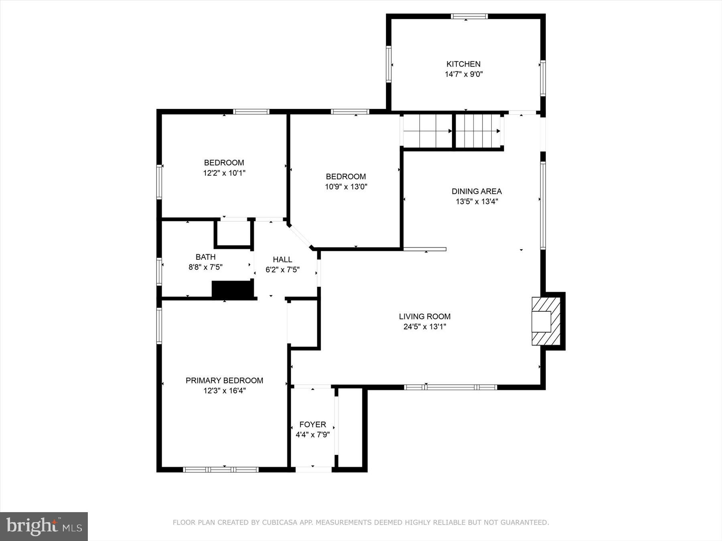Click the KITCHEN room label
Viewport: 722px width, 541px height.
[463, 64]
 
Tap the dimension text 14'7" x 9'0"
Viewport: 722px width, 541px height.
[463, 74]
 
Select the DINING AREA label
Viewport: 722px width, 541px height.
[477, 192]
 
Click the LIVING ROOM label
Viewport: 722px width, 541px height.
[424, 317]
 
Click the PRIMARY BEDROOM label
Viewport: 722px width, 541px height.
[224, 381]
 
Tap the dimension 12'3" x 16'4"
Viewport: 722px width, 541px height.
[224, 391]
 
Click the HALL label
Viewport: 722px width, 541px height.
[282, 260]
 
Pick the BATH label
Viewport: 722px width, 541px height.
[205, 257]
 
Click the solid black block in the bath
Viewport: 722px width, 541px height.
[233, 289]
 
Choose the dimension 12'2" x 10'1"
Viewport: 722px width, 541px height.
[224, 173]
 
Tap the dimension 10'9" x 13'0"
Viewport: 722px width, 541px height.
[346, 187]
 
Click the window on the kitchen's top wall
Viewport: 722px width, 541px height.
[469, 16]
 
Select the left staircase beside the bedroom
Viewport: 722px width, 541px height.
[427, 131]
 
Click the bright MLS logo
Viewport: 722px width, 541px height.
[44, 526]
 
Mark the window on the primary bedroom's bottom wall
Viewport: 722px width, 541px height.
[221, 469]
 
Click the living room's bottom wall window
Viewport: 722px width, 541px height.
[450, 387]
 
